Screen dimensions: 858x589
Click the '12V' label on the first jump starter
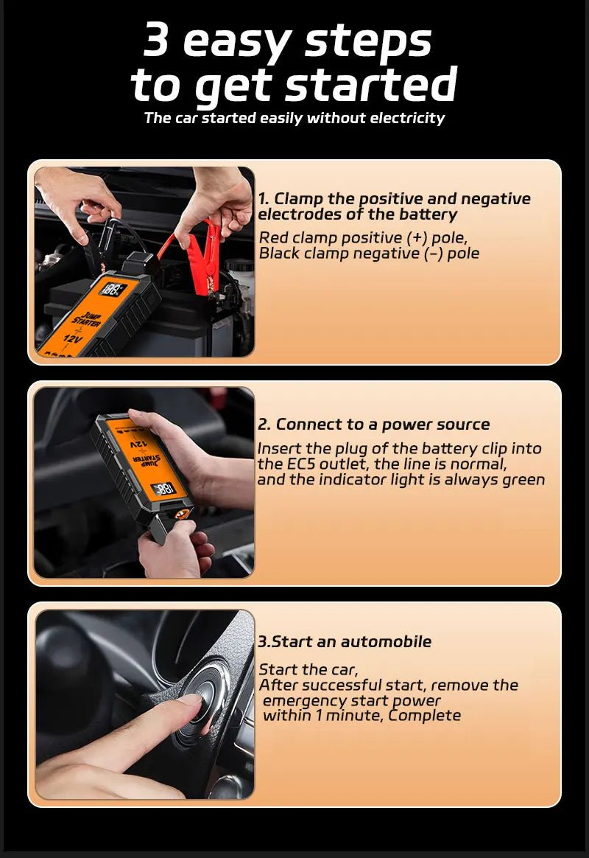click(x=73, y=338)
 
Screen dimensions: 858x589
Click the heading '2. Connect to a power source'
click(x=373, y=425)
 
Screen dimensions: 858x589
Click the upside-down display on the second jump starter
click(x=163, y=489)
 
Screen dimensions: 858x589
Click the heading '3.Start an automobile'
click(x=345, y=642)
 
